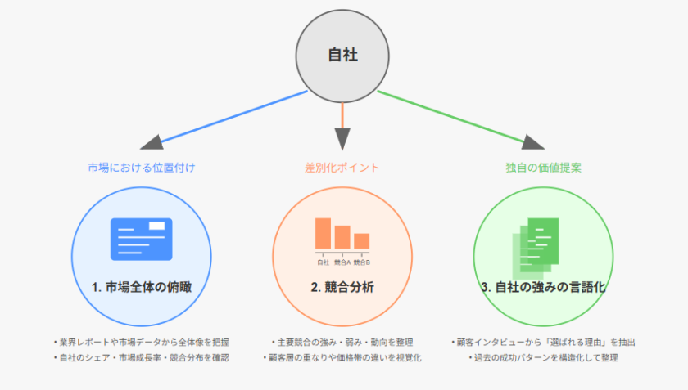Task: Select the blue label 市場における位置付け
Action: point(142,168)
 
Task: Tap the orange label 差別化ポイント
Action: point(342,168)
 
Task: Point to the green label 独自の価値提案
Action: point(544,168)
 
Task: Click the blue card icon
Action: point(142,238)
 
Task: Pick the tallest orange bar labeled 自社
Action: point(323,233)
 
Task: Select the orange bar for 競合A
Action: point(342,237)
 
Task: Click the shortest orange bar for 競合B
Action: point(362,241)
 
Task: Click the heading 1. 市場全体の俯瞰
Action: point(142,288)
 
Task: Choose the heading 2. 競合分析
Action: point(342,288)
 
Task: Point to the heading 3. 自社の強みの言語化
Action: point(544,288)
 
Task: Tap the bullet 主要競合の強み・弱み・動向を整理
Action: point(342,342)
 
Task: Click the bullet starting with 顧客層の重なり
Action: point(342,357)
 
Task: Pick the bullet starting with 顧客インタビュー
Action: point(544,342)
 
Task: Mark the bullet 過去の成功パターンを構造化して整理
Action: point(544,357)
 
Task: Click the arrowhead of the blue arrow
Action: point(151,146)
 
